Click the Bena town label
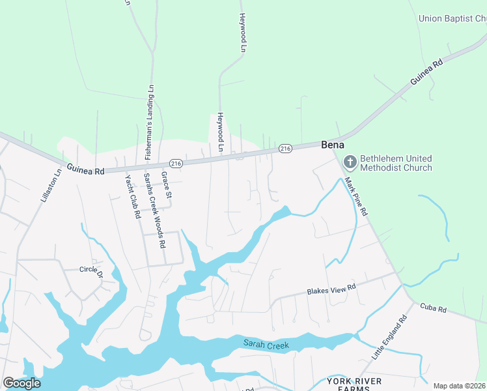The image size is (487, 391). (x=333, y=145)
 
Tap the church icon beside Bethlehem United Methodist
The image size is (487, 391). (x=350, y=161)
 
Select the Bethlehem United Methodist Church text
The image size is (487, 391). (x=396, y=163)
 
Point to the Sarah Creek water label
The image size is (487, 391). (x=266, y=343)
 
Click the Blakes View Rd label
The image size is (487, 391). (x=331, y=288)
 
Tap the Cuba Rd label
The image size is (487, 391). (x=432, y=306)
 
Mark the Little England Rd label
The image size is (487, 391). (x=389, y=338)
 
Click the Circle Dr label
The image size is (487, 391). (x=92, y=270)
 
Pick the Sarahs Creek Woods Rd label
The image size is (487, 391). (x=155, y=210)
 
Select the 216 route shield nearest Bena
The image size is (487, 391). (x=285, y=149)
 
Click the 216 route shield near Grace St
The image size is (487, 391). (x=175, y=163)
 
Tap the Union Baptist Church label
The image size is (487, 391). (x=453, y=19)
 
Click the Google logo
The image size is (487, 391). (x=21, y=383)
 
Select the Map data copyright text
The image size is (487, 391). (x=460, y=386)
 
